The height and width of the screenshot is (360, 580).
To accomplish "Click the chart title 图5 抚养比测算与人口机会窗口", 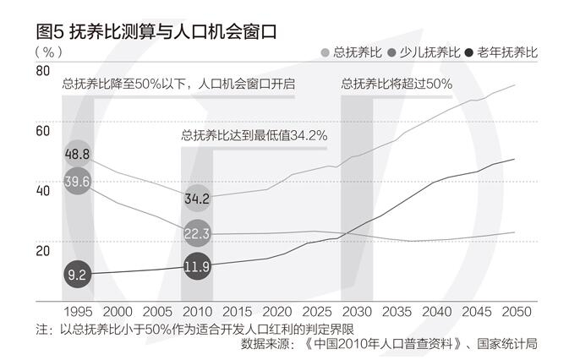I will coord(157,31).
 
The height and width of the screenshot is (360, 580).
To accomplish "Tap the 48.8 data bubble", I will coord(77,154).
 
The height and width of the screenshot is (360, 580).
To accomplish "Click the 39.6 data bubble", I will coord(77,182).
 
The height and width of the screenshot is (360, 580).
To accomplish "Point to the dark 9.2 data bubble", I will coord(77,274).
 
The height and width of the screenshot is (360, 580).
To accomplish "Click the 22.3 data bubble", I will coord(197,233).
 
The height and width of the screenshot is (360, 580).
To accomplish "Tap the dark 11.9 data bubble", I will coord(197,267).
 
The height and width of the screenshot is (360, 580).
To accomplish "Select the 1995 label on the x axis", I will coord(78,312).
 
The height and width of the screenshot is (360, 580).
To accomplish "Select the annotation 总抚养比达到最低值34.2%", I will coord(254,134).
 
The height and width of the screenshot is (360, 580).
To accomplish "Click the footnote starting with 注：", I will coord(194,328).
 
